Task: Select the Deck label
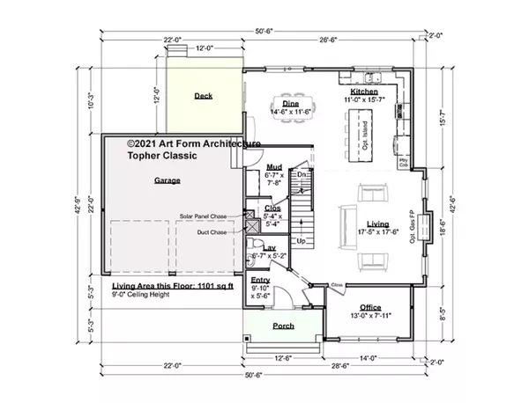pos(205,96)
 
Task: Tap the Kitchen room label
pos(365,92)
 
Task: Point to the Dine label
pos(290,104)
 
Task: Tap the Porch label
pos(283,326)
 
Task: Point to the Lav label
pos(271,248)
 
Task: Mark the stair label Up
pos(300,240)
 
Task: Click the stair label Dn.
pos(301,175)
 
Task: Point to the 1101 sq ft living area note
pos(173,287)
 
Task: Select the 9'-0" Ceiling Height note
pos(147,297)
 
